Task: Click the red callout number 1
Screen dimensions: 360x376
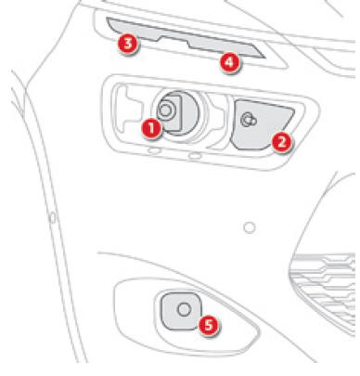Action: [151, 128]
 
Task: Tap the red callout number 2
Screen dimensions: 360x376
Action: [282, 143]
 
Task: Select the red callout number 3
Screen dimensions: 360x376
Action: [127, 44]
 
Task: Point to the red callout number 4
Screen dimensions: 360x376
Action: [230, 63]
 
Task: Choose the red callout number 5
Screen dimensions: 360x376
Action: [208, 325]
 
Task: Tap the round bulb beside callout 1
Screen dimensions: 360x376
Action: [165, 110]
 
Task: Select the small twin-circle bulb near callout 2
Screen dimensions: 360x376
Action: [249, 120]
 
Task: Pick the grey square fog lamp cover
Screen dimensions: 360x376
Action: [181, 310]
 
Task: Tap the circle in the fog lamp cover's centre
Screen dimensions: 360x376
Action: [184, 309]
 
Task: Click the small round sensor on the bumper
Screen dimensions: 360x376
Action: [250, 227]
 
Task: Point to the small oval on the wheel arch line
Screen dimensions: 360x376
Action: [53, 217]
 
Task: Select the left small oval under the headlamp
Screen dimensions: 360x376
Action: [154, 150]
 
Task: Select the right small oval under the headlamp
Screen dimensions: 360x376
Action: [195, 155]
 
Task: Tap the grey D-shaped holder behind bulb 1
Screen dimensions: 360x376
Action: [174, 113]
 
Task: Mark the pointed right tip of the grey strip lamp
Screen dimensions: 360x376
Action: [265, 58]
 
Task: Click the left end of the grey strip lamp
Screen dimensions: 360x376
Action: [107, 19]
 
